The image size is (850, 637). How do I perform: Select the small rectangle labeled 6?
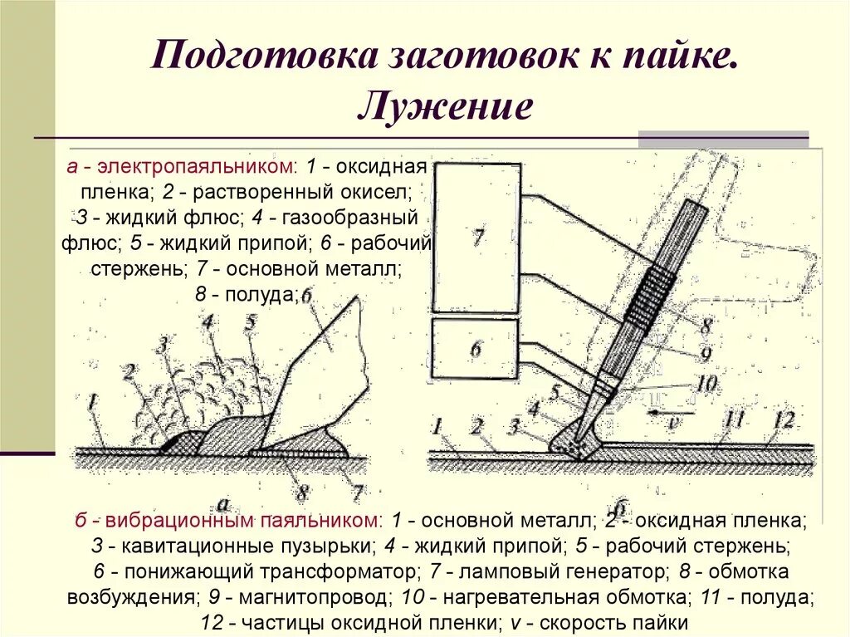click(x=476, y=350)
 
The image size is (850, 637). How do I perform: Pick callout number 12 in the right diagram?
click(x=784, y=420)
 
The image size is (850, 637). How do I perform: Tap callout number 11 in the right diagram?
click(x=735, y=420)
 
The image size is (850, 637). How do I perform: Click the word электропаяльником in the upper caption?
click(x=195, y=167)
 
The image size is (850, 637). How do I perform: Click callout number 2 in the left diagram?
click(x=129, y=370)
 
